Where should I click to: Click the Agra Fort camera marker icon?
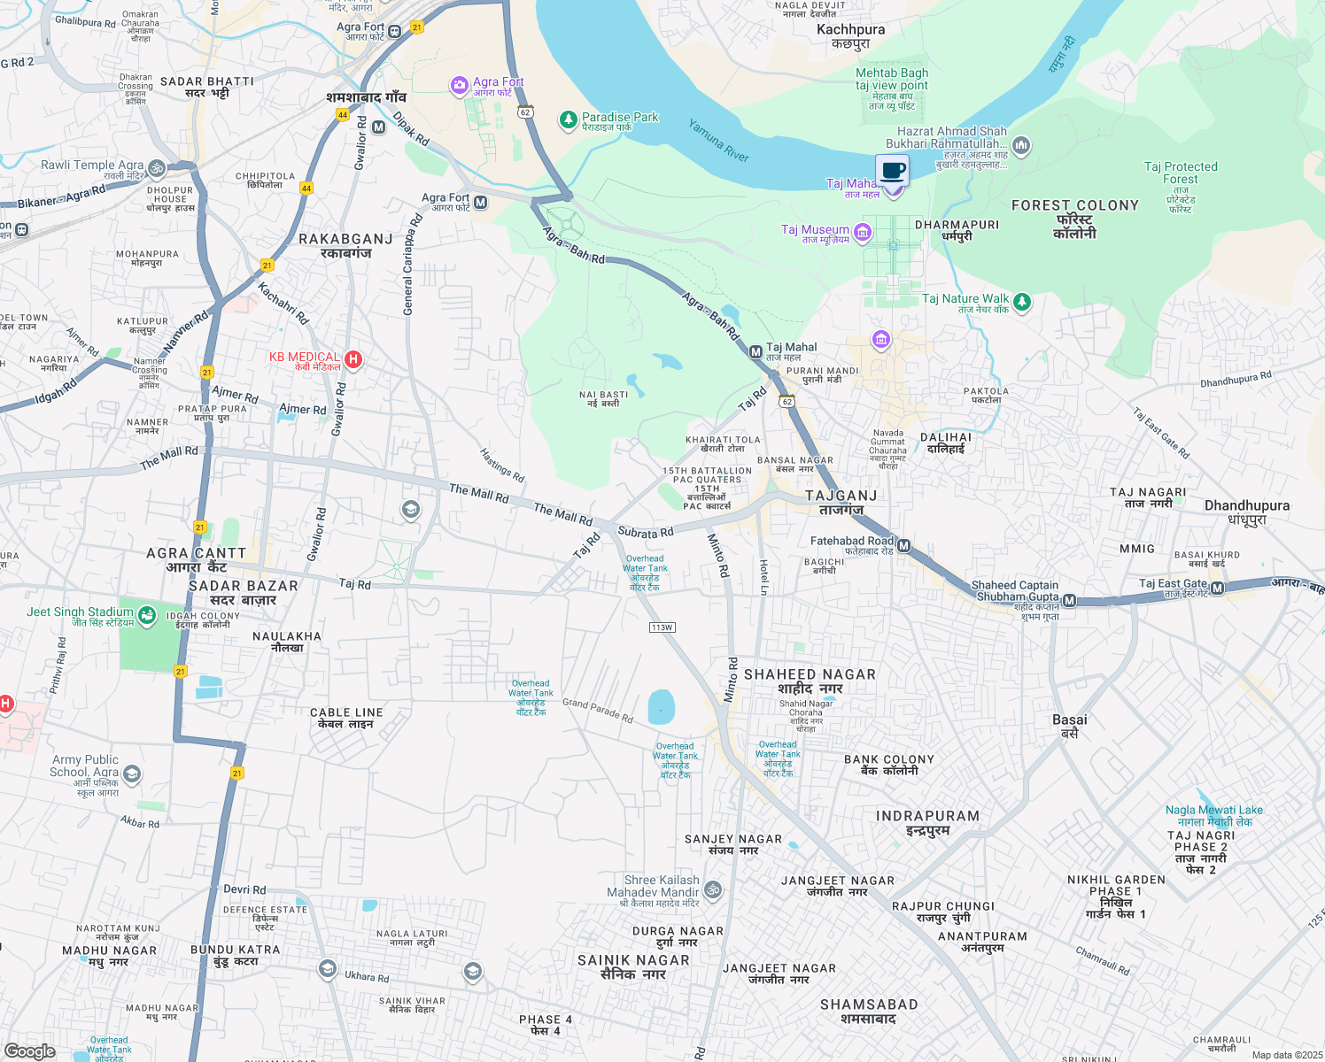pos(459,86)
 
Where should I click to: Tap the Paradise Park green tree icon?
pos(568,120)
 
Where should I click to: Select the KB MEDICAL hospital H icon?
pos(353,359)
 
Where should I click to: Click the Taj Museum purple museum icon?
pos(863,233)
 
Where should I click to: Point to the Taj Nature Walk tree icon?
pos(1022,303)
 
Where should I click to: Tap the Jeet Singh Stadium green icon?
pos(147,615)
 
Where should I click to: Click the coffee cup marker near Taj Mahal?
pos(893,172)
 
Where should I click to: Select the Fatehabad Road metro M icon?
pos(904,545)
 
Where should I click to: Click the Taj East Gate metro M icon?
pos(1217,589)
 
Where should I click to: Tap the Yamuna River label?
pos(718,141)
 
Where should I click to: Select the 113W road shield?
pos(662,627)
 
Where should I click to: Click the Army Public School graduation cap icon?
pos(132,774)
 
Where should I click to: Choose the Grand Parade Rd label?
pos(598,711)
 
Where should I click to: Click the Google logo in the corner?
pos(30,1050)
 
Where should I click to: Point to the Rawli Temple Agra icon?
pos(157,167)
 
